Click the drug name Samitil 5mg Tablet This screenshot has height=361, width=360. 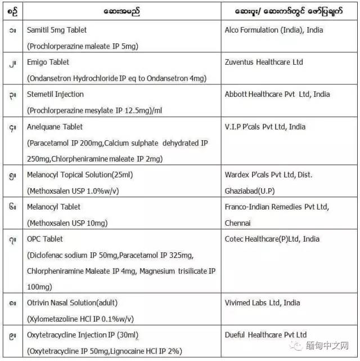(x=57, y=30)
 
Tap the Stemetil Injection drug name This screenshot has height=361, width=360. (x=55, y=94)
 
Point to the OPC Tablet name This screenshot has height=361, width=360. (x=45, y=239)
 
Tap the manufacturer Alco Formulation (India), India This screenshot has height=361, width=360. (x=281, y=30)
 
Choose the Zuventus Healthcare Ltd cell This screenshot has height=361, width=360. (x=268, y=62)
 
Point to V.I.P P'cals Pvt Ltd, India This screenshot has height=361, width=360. (x=273, y=127)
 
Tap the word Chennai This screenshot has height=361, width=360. (x=238, y=223)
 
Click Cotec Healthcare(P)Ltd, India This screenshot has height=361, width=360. (x=272, y=239)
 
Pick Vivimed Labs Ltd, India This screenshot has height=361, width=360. (x=262, y=302)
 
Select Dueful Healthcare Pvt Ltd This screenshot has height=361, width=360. (x=265, y=335)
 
